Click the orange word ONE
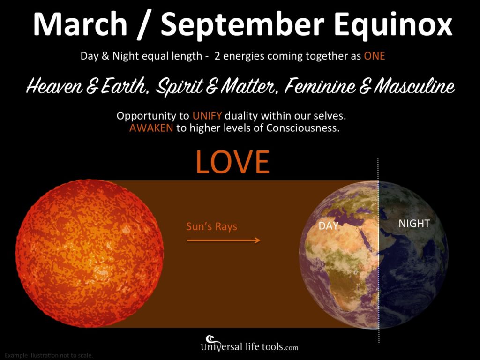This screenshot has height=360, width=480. tap(374, 56)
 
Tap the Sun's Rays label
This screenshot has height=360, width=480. tap(211, 227)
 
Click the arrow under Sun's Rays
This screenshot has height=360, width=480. tap(223, 240)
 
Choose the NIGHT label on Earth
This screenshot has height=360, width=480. tap(414, 224)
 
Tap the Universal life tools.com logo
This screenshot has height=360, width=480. tap(249, 345)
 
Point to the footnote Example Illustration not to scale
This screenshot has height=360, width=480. tap(49, 355)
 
